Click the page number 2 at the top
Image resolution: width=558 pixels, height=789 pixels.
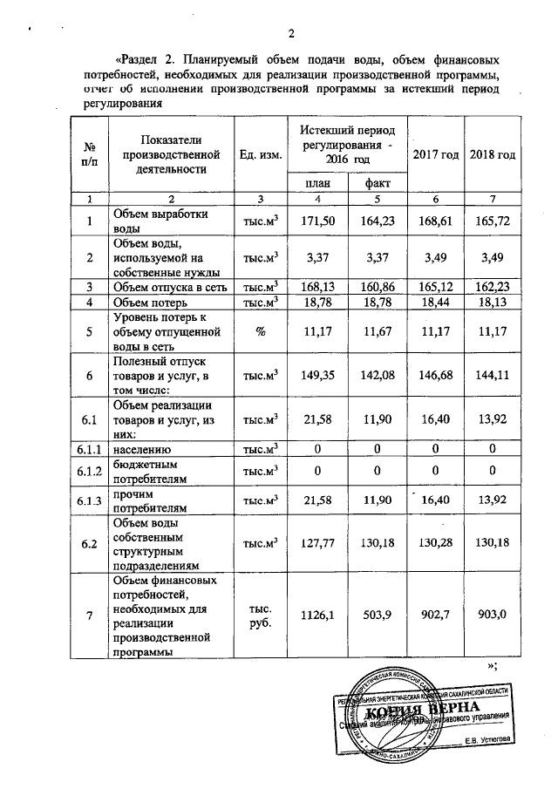pyautogui.click(x=292, y=34)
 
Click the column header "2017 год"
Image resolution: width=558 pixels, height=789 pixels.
pyautogui.click(x=436, y=154)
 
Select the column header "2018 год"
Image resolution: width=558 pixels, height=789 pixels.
pyautogui.click(x=493, y=154)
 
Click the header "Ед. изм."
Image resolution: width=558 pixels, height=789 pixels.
pyautogui.click(x=260, y=154)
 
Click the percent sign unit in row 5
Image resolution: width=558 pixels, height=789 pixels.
pyautogui.click(x=260, y=331)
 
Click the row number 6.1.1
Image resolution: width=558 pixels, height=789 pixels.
pyautogui.click(x=88, y=448)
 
